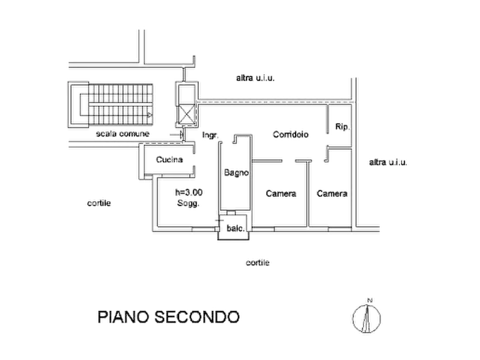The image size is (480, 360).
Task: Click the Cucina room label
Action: click(x=169, y=160)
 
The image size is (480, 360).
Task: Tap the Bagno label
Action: click(x=236, y=172)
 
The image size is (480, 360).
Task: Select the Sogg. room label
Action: click(x=188, y=203)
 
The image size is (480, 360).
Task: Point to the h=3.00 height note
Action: click(x=189, y=192)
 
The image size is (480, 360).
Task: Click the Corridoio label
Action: click(x=290, y=134)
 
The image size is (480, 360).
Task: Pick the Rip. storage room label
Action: click(x=342, y=126)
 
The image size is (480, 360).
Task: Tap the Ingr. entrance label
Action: click(x=210, y=135)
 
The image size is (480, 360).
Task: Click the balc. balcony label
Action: click(x=236, y=228)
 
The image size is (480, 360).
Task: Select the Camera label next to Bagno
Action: click(x=281, y=193)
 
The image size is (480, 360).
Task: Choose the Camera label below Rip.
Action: click(x=332, y=193)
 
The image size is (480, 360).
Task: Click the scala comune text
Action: click(x=123, y=133)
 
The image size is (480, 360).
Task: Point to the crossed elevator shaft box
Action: click(x=186, y=114)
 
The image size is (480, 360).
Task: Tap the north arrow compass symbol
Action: click(x=367, y=319)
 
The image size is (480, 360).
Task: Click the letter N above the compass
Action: click(x=369, y=300)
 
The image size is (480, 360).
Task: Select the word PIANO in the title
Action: click(x=124, y=317)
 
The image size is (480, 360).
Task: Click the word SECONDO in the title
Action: click(x=197, y=317)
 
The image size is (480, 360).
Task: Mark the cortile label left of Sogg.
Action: click(x=99, y=203)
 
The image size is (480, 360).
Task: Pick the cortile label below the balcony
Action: click(x=257, y=263)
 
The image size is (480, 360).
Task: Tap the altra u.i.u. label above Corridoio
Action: click(x=255, y=78)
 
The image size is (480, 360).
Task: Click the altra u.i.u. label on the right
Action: click(x=388, y=162)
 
